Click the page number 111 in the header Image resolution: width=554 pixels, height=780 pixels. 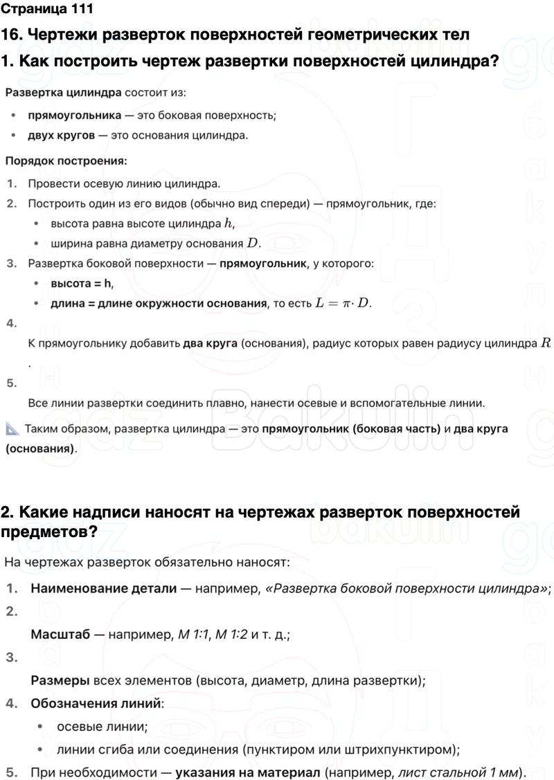pyautogui.click(x=78, y=10)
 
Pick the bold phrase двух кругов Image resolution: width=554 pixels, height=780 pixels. pyautogui.click(x=61, y=135)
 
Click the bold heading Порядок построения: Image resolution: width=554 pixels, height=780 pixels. pyautogui.click(x=66, y=161)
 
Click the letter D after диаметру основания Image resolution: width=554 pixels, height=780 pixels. pyautogui.click(x=253, y=244)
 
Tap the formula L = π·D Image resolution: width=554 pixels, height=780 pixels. pyautogui.click(x=343, y=303)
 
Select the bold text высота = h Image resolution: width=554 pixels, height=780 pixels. pyautogui.click(x=81, y=283)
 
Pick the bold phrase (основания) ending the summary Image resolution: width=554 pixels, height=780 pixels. pyautogui.click(x=40, y=448)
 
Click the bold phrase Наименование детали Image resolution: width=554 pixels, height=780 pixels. pyautogui.click(x=103, y=589)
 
